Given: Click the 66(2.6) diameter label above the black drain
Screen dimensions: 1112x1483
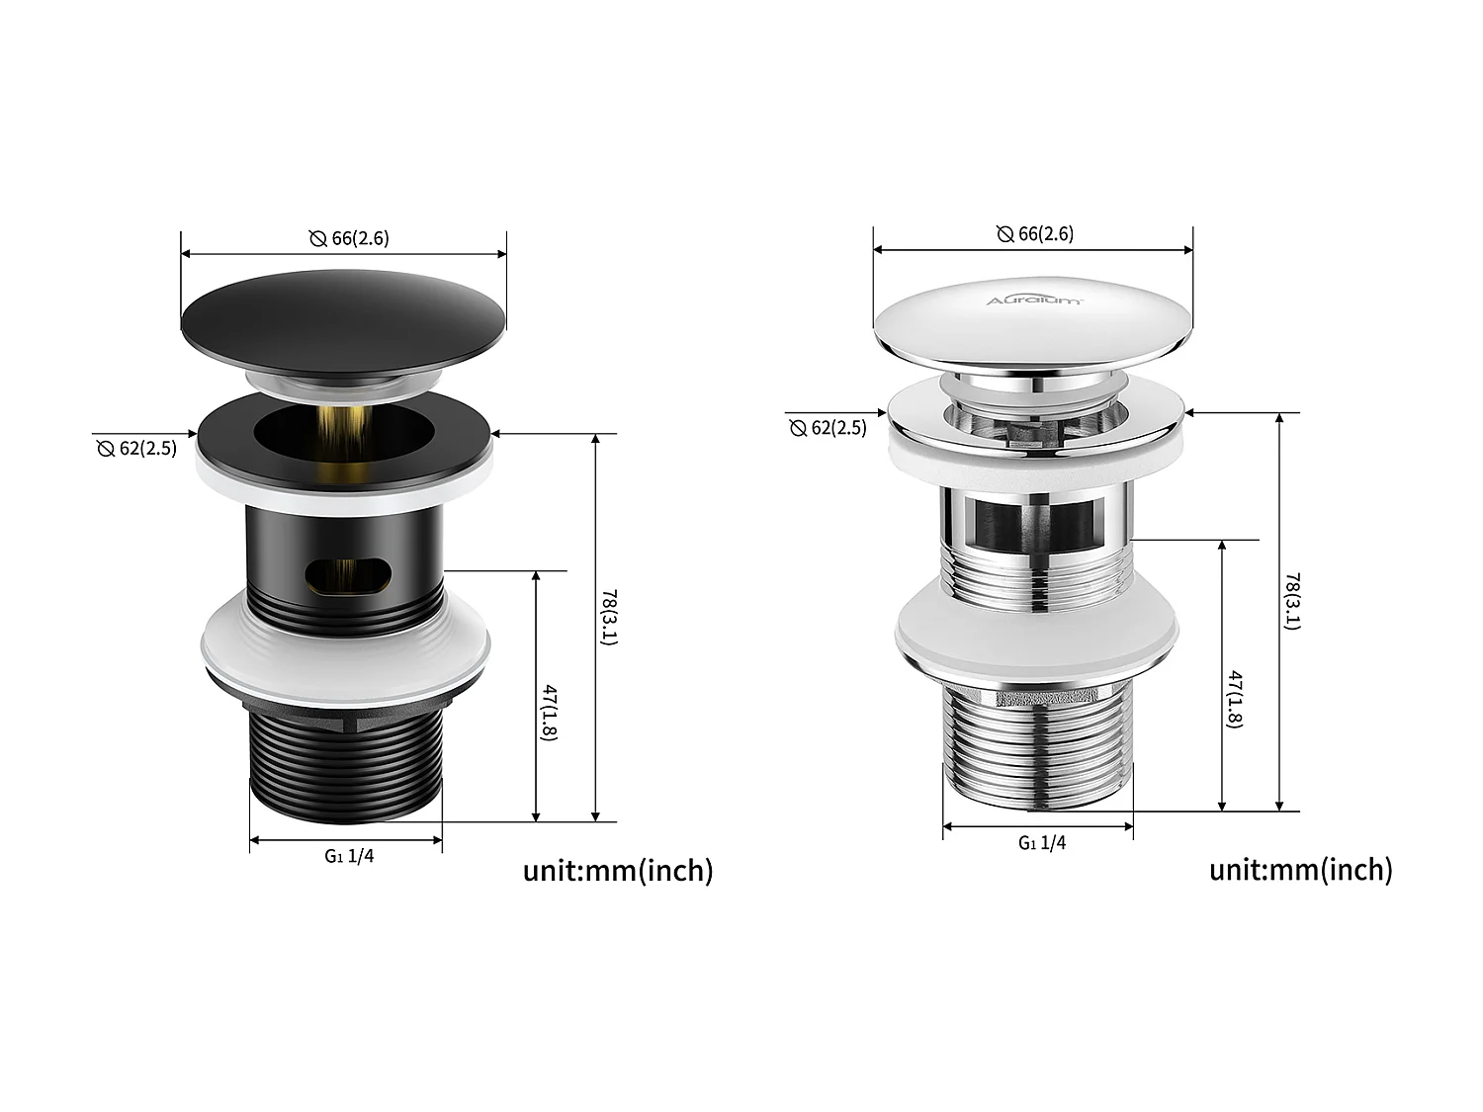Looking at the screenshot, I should coord(348,238).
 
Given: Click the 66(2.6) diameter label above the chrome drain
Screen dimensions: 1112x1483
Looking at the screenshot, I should coord(1034,234).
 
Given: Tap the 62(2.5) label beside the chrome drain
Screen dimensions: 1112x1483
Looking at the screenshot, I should coord(828,428).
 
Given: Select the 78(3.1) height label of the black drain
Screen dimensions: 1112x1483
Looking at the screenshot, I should coord(609,618).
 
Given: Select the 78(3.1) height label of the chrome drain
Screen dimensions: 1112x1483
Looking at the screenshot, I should coord(1292,600).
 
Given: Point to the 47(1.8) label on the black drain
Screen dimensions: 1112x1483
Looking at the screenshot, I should coord(550,712).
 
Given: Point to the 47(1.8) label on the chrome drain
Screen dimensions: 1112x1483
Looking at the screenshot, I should coord(1235,698).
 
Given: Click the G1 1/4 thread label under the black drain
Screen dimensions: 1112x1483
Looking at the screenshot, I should coord(349,856).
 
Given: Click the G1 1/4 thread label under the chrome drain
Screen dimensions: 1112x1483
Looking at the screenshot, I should coord(1042,842).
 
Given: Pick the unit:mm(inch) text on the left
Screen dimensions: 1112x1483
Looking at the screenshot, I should coord(617,871).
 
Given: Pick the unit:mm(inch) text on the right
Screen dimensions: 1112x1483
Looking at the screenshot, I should coord(1300,870).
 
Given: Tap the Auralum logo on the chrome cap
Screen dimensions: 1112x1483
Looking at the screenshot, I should coord(1033,299).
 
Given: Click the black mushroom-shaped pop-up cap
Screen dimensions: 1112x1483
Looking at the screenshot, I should coord(344,311).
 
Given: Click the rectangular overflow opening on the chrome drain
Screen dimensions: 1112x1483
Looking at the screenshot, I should coord(1034,523).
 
